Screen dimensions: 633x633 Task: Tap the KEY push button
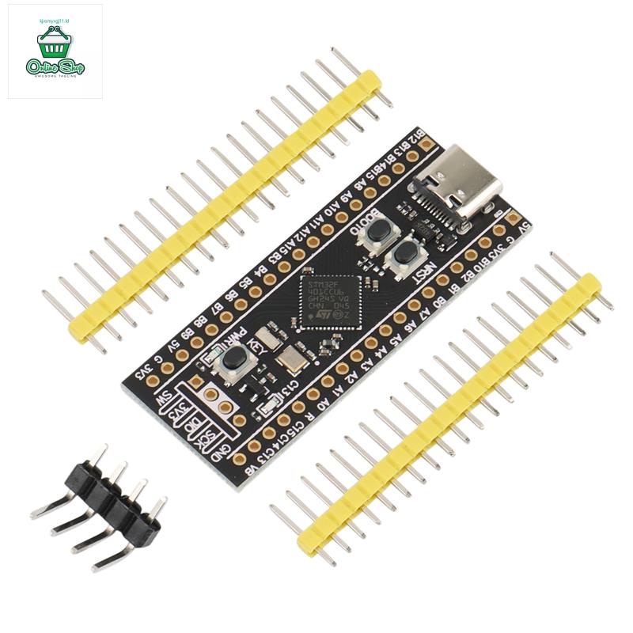tap(233, 360)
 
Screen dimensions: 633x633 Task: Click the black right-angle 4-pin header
tap(111, 506)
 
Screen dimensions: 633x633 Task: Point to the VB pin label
tap(252, 472)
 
